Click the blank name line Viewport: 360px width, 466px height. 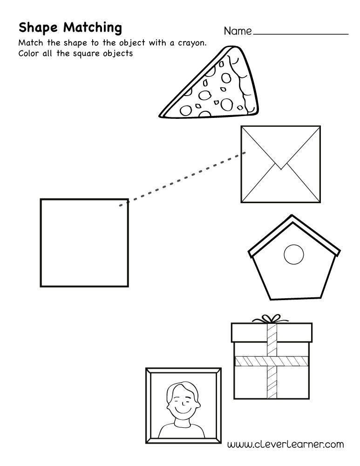(x=301, y=34)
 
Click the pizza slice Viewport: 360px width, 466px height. (x=210, y=93)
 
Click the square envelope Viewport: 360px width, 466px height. (x=280, y=164)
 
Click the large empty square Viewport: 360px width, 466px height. (x=84, y=242)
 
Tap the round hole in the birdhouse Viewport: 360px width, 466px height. (x=294, y=254)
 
